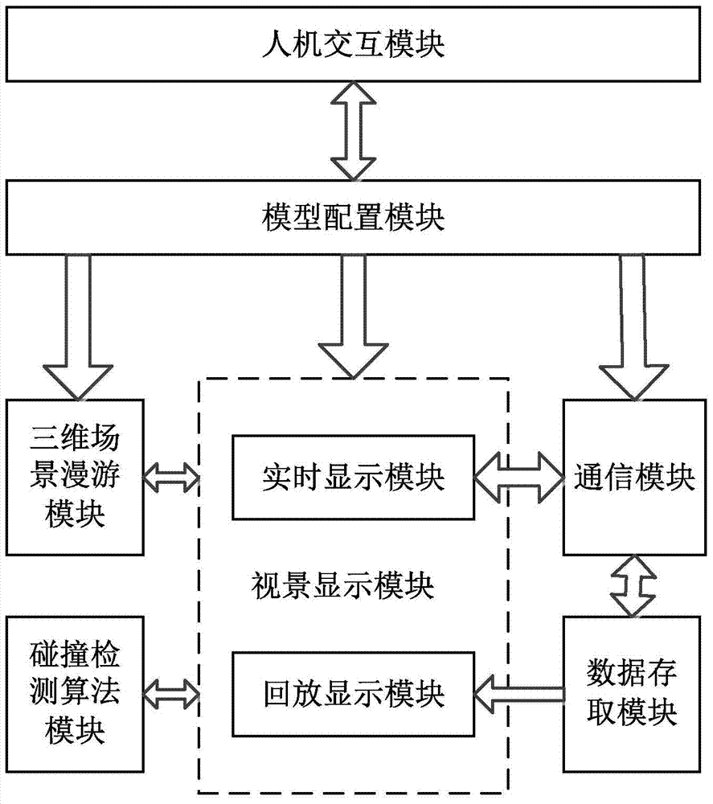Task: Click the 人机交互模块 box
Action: click(353, 44)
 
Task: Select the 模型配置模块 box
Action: click(353, 217)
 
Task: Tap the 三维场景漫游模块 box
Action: click(75, 478)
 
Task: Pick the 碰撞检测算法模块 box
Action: click(75, 695)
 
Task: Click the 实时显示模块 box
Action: click(353, 478)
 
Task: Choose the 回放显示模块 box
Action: click(353, 695)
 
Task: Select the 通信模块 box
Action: click(634, 478)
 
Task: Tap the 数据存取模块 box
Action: click(632, 695)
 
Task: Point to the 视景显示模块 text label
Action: click(342, 586)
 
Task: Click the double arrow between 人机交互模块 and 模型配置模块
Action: click(353, 131)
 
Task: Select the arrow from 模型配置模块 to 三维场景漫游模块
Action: click(78, 327)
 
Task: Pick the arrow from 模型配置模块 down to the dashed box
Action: click(353, 316)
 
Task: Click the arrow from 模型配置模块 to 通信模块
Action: click(633, 327)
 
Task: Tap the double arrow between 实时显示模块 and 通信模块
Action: click(518, 478)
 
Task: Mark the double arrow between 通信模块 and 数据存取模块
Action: click(633, 586)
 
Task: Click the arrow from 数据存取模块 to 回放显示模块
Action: click(518, 695)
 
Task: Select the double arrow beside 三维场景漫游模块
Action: click(170, 478)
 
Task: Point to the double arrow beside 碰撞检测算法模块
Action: click(170, 695)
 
